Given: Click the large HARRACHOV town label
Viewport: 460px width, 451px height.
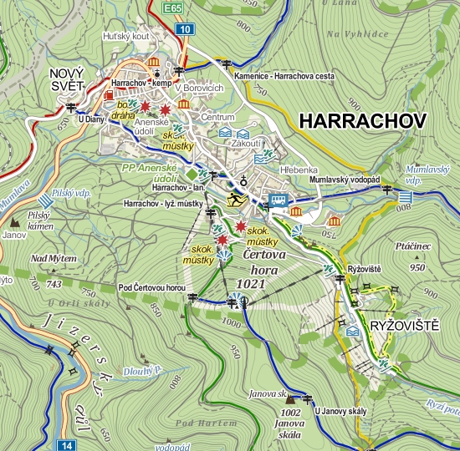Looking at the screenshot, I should tap(361, 120).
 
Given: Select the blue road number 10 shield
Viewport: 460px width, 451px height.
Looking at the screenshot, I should tap(186, 30).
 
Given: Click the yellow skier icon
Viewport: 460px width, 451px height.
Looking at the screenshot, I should tap(235, 198).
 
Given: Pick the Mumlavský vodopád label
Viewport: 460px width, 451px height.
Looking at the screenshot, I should tap(344, 180).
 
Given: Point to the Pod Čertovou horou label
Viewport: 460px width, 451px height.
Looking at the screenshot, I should tap(151, 288).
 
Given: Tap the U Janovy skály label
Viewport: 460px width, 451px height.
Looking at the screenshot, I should tap(340, 410).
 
